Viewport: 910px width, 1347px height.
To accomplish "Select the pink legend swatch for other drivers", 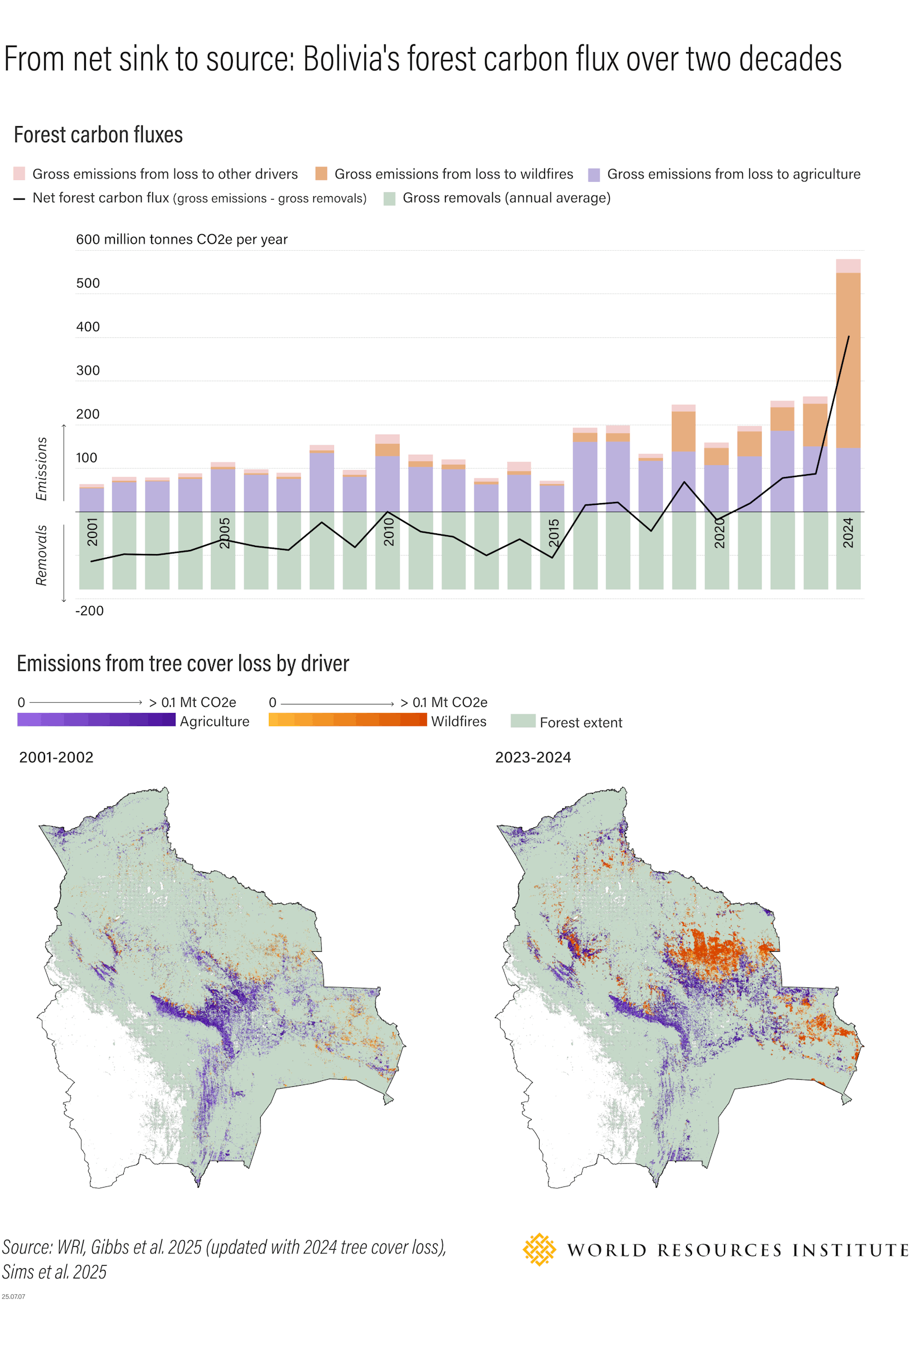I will coord(19,174).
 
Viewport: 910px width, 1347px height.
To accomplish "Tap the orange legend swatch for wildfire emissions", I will coord(321,174).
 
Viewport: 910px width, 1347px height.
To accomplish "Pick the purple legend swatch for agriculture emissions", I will coord(594,174).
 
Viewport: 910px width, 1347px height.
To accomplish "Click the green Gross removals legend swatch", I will coord(389,199).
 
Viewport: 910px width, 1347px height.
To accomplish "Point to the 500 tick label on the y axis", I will coord(88,283).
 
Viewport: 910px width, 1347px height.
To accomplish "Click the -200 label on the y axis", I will coord(89,611).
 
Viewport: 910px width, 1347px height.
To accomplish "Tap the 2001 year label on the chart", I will coord(92,532).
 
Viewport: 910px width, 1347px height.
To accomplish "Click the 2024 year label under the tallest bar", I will coord(848,532).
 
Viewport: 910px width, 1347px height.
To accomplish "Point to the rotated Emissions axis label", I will coord(41,468).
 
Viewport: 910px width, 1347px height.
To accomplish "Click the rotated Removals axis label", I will coord(41,555).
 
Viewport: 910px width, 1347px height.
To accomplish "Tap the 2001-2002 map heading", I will coord(56,757).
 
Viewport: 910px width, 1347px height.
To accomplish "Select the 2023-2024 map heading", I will coord(533,757).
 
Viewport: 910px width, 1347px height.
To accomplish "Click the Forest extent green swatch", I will coord(523,721).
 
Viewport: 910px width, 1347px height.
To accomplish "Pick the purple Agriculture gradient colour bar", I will coord(97,719).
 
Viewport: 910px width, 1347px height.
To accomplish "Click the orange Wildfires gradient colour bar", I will coord(347,719).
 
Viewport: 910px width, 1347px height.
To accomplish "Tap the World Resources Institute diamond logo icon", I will coord(539,1250).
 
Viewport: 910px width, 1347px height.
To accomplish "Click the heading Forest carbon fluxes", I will coord(98,135).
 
